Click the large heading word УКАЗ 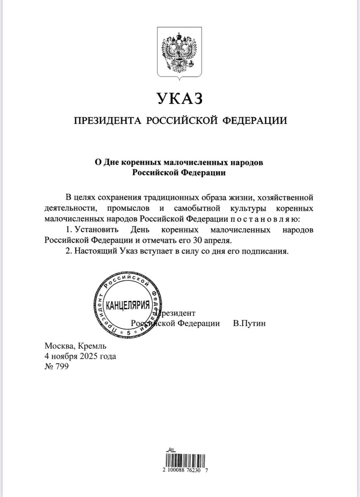pos(180,99)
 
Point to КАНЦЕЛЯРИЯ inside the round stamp pos(128,305)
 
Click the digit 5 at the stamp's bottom pos(128,333)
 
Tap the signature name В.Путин pos(249,323)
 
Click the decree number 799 pos(62,366)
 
